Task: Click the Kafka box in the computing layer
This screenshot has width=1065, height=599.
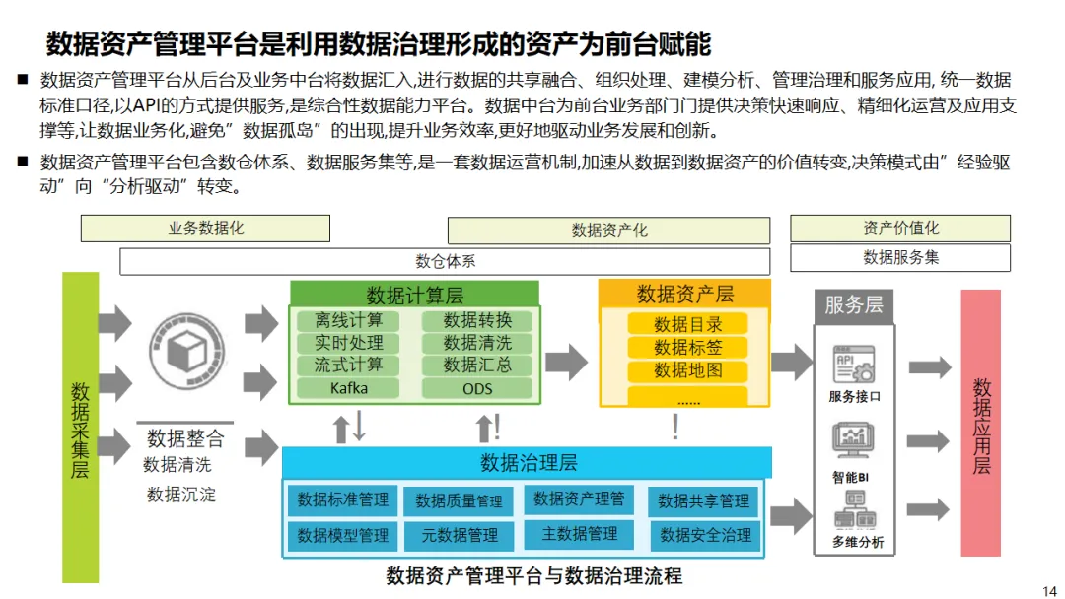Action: point(349,388)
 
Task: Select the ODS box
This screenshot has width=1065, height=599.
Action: point(477,388)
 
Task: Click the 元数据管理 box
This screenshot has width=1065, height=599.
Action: point(460,536)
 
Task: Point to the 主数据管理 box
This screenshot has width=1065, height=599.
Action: point(580,534)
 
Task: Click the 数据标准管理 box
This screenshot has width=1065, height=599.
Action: point(343,499)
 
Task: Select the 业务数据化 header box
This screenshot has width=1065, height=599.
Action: point(205,229)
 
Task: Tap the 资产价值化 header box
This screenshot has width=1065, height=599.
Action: point(900,229)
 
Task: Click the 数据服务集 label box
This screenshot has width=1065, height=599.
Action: point(900,257)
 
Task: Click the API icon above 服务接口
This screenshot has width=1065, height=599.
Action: point(853,364)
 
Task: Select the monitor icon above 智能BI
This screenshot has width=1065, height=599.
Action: point(853,440)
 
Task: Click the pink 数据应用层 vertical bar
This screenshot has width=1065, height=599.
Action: point(980,424)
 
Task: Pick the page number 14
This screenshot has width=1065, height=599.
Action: point(1048,589)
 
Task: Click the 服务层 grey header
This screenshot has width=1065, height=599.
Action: point(853,304)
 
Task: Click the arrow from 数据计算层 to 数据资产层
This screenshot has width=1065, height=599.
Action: point(566,358)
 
